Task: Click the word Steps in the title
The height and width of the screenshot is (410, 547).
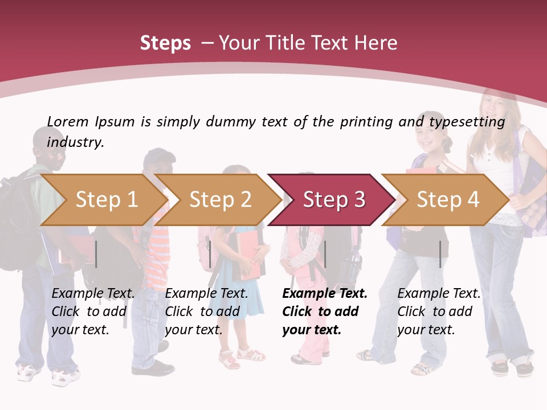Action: pos(165,43)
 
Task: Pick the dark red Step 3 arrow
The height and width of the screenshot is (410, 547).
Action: pos(334,199)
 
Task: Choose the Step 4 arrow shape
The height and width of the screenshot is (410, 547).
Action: pos(448,199)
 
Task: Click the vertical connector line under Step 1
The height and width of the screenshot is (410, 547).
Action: pos(96,254)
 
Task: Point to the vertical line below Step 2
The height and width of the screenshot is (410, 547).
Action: pos(210,254)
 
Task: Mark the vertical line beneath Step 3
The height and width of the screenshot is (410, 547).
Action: pos(325,254)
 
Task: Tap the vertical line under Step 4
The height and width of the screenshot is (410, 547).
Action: pos(440,254)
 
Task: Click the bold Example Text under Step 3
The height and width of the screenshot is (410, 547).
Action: pos(325,294)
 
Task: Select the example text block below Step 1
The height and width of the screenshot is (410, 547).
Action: pos(93,311)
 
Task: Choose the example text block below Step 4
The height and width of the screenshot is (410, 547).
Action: pos(439,311)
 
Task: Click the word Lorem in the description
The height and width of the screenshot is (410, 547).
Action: pos(68,122)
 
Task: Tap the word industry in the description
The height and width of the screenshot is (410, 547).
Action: pos(75,142)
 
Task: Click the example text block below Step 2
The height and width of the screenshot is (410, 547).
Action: pos(206,311)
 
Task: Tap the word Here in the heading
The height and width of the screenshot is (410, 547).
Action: pos(376,43)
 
